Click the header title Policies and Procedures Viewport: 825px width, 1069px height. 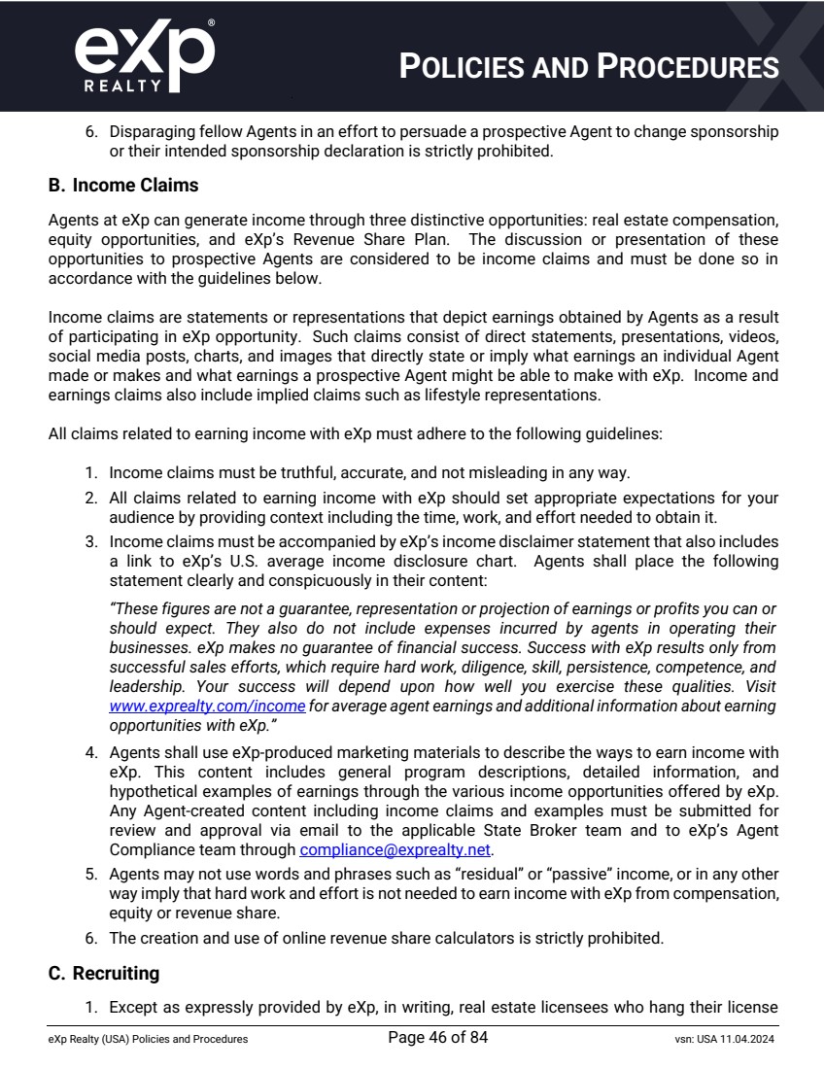[x=590, y=67]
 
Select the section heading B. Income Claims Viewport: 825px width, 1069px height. [x=123, y=185]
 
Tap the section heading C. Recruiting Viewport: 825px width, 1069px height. [x=104, y=973]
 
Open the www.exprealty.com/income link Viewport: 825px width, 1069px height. [x=207, y=707]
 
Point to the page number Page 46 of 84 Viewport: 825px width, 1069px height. [x=437, y=1038]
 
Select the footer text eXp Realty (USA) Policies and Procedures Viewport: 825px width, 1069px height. [x=148, y=1039]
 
